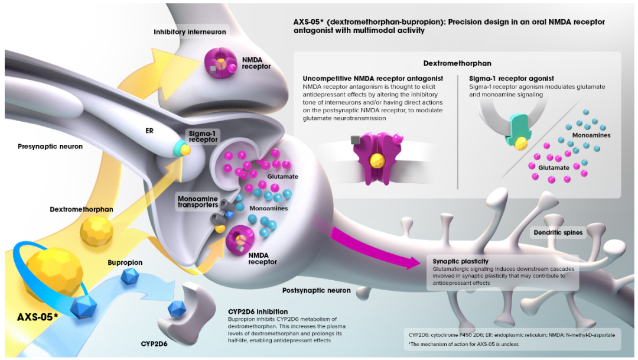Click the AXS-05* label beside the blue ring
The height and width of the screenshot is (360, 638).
(x=37, y=317)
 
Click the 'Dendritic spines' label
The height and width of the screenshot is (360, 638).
(x=558, y=232)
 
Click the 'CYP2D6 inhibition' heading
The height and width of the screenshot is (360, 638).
(x=258, y=312)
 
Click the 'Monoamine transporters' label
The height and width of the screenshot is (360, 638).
(x=198, y=202)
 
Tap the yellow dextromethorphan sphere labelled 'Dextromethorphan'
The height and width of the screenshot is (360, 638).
(x=96, y=231)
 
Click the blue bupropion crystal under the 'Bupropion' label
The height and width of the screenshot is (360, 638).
(x=130, y=276)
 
